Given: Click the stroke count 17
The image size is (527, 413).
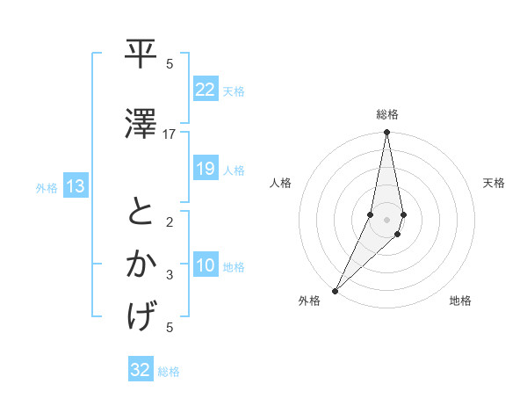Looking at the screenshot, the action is click(170, 134).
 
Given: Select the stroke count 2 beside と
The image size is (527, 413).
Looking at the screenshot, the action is click(170, 221).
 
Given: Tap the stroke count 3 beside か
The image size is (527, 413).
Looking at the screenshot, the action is click(170, 275).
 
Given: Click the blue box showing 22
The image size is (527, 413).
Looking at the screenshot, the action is click(206, 90).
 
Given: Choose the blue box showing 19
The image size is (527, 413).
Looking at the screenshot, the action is click(206, 169).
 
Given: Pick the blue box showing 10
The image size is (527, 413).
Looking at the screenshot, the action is click(206, 266).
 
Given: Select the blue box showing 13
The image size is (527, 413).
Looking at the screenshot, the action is click(75, 186).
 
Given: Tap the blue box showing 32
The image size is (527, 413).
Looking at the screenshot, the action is click(141, 371).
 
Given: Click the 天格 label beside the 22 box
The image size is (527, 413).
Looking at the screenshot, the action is click(234, 91).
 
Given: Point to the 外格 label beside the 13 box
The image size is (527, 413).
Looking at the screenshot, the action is click(47, 187).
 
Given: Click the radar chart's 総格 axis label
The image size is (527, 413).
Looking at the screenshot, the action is click(387, 114).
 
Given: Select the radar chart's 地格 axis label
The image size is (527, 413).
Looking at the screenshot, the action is click(460, 301).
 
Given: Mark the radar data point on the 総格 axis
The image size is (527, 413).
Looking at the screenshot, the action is click(386, 133).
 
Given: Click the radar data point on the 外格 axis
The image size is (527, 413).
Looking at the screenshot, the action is click(335, 290).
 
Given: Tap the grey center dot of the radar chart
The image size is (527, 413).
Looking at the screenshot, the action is click(386, 220).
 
